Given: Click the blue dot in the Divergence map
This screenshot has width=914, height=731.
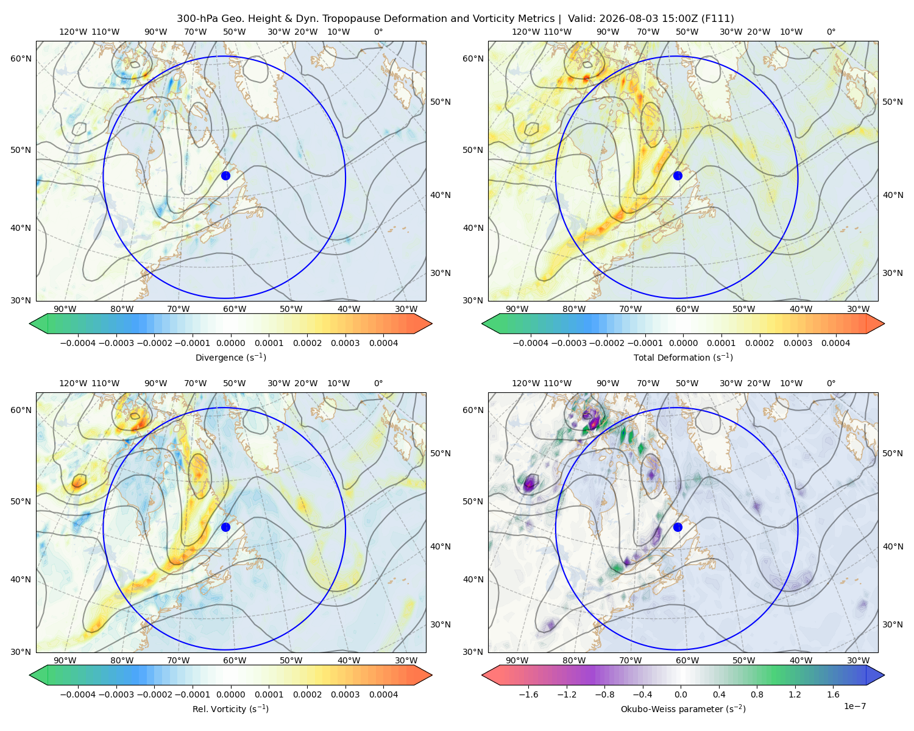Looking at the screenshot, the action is (225, 175).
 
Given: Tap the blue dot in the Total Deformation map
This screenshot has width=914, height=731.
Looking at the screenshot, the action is (678, 175).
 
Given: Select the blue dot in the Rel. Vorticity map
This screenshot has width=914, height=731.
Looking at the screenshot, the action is (225, 527).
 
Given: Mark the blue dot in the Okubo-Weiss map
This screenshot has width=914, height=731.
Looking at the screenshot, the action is (678, 527).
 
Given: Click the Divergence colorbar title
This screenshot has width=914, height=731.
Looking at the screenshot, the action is (230, 357).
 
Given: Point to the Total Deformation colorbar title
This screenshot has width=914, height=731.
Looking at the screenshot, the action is (683, 357).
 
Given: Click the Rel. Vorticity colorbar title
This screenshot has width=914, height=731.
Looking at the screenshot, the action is (230, 708).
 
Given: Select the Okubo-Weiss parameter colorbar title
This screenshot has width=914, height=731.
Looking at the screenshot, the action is (683, 708).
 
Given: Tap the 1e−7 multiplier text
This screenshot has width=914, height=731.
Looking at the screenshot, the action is (854, 706).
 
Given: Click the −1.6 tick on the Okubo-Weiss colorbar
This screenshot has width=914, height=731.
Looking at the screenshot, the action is (528, 694).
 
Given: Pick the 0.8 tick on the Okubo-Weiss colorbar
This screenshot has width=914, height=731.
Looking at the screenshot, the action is (757, 694).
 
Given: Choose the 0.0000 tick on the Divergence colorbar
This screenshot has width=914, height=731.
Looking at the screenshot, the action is (230, 343).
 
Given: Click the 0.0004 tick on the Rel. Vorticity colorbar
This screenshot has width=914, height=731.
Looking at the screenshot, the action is (383, 694).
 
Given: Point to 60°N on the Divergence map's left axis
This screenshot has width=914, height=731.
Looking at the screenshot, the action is (21, 58).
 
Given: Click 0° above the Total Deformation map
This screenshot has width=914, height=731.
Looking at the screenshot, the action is (831, 32).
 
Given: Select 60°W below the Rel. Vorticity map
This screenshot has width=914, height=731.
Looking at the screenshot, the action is (235, 660).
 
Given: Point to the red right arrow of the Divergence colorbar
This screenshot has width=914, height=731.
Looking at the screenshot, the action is (423, 323).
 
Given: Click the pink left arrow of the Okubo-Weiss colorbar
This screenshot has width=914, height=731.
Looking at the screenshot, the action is (491, 675).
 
